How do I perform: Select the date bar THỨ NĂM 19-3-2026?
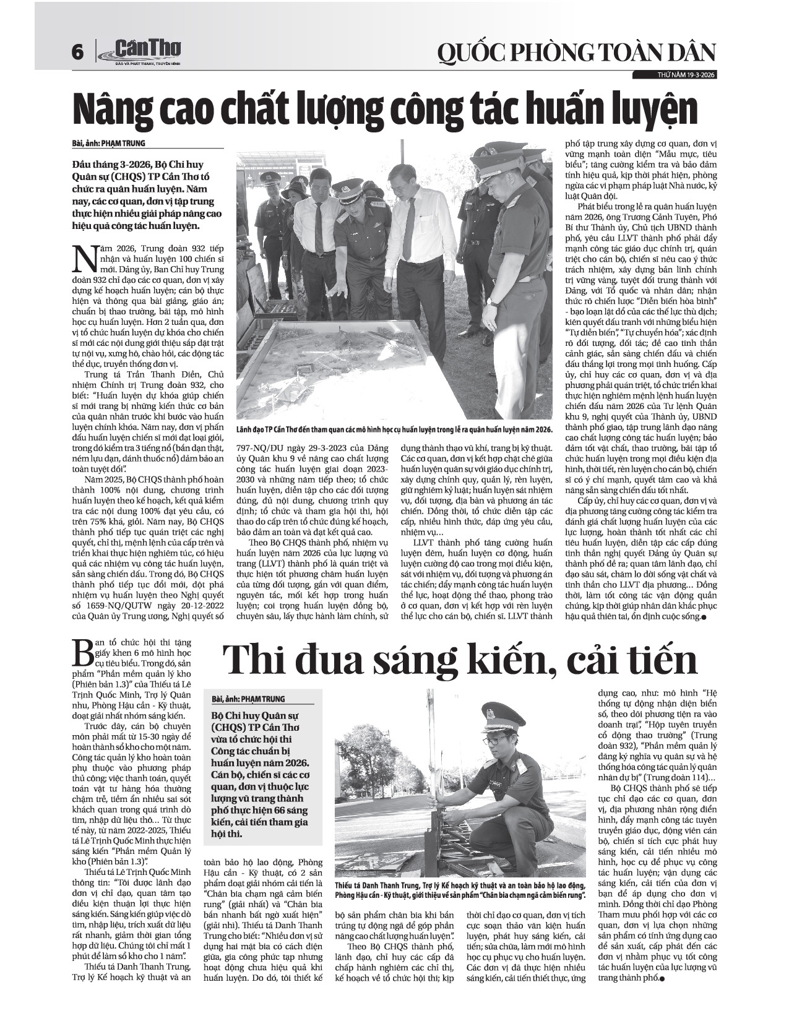pyautogui.click(x=677, y=75)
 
